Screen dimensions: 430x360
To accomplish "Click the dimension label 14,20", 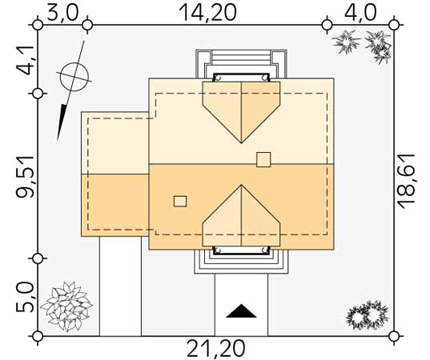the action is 207,12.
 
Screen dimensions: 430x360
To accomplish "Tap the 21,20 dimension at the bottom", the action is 216,348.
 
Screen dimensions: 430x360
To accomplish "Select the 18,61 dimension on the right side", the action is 407,182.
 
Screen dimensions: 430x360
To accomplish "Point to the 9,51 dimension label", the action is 26,177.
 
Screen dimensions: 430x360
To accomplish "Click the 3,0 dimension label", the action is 62,12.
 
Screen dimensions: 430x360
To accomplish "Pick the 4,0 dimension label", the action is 360,12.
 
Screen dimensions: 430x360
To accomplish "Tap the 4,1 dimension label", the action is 26,60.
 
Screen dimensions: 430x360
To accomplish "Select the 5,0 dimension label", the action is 26,298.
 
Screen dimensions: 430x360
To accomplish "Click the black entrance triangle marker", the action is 241,311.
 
